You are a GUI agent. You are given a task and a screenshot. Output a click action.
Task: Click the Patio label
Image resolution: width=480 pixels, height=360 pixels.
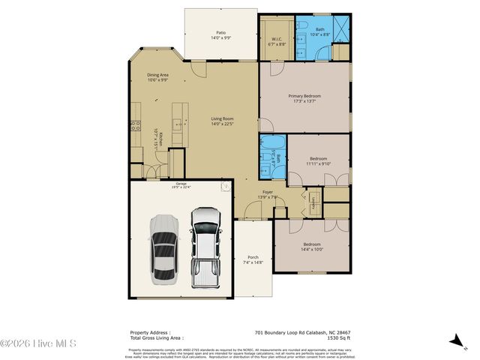pos(221,35)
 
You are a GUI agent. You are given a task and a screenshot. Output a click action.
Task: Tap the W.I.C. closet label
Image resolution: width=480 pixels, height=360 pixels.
pos(276,41)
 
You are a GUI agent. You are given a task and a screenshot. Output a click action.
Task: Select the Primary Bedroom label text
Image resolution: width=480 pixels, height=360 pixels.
pos(305,98)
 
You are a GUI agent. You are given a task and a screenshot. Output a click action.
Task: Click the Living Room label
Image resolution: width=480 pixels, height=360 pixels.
pos(221,121)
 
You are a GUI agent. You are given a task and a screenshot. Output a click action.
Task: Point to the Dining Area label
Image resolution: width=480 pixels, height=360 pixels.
pos(157,77)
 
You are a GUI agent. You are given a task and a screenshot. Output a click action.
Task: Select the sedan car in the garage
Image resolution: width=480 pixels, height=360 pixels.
pos(163,249)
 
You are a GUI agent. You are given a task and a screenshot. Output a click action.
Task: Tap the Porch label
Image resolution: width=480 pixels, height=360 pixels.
pos(253,259)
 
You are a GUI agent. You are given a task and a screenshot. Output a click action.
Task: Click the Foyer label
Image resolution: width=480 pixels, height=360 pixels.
pos(268,194)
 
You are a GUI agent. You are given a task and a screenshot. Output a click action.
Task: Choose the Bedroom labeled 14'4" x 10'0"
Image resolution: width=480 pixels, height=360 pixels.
pos(312,247)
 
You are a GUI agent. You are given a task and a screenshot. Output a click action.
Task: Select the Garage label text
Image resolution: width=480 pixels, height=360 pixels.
pos(181,184)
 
